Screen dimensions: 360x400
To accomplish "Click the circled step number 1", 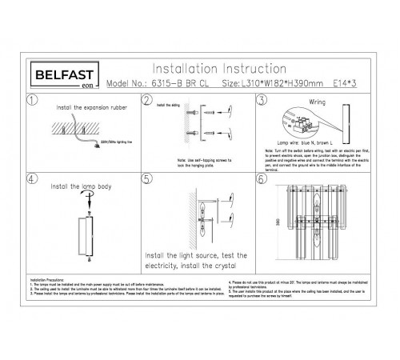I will point(31,101).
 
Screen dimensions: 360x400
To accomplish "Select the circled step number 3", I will point(262,101).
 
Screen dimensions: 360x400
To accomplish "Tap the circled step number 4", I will point(31,180).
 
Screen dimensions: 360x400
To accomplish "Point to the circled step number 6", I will point(262,180).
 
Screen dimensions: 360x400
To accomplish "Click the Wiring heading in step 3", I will point(318,103).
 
